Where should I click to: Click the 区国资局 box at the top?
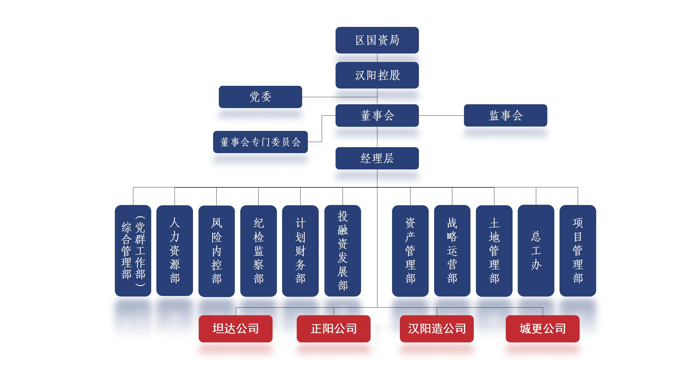(x=377, y=40)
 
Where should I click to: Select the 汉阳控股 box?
(x=377, y=75)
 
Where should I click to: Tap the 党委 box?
(x=260, y=97)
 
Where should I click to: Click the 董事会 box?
(x=377, y=115)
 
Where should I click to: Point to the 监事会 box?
(x=506, y=115)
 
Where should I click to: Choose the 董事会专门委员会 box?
(x=260, y=142)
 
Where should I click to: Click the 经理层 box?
(x=377, y=158)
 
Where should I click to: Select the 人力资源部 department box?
(x=175, y=250)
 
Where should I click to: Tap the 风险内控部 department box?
(x=217, y=251)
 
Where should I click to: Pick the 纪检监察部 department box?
(x=258, y=251)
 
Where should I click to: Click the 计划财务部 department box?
(x=300, y=251)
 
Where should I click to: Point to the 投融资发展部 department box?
(x=343, y=251)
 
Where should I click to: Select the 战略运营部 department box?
(x=452, y=251)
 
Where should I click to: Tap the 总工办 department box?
(x=536, y=251)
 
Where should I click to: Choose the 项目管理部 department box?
(x=578, y=251)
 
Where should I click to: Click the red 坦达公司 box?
(x=236, y=329)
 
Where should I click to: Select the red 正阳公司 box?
(x=334, y=329)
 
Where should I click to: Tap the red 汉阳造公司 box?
(x=437, y=329)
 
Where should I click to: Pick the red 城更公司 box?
(x=543, y=329)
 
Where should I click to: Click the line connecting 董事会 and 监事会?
(x=441, y=115)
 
